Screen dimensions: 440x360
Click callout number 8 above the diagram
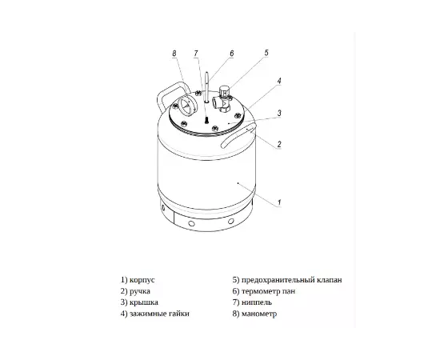(x=174, y=54)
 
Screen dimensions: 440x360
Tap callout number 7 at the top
(x=196, y=54)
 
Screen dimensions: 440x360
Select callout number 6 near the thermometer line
(x=231, y=54)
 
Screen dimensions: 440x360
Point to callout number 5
(x=266, y=53)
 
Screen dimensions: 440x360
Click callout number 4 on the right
(x=279, y=81)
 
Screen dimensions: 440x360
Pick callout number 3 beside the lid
(x=279, y=113)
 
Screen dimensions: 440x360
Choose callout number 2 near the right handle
(x=279, y=144)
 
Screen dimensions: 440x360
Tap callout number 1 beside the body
(x=279, y=202)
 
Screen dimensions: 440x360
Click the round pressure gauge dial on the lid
(x=186, y=106)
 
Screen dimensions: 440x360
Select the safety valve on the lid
(x=222, y=99)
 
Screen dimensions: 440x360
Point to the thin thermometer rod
(x=207, y=87)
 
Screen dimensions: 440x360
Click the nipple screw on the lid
(x=206, y=120)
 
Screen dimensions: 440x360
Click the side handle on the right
(x=238, y=137)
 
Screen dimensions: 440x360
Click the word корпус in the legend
(x=142, y=280)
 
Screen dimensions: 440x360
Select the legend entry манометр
(x=259, y=314)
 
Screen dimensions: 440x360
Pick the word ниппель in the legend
(x=257, y=302)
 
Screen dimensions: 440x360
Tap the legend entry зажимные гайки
(x=159, y=314)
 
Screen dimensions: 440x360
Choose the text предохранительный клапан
(x=291, y=280)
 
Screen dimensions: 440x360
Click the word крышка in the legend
(x=144, y=302)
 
